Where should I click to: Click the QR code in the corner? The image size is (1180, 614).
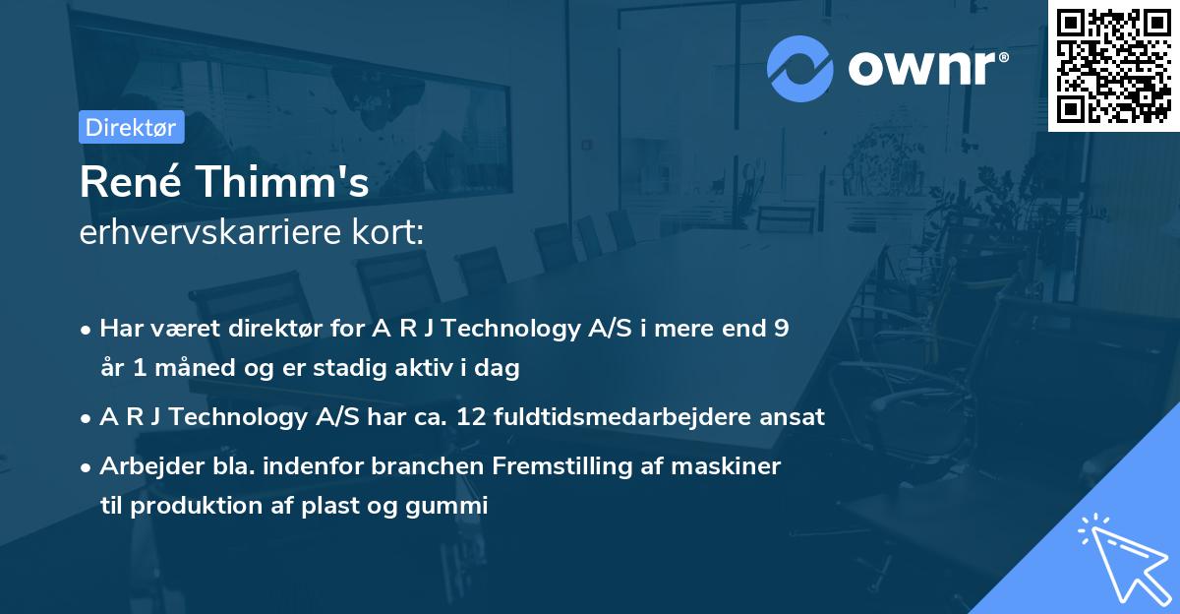1113,65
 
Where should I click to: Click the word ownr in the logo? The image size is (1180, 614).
923,69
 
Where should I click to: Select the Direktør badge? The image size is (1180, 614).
130,128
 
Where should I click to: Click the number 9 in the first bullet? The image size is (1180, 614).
781,329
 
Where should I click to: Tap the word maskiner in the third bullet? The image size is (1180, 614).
731,465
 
